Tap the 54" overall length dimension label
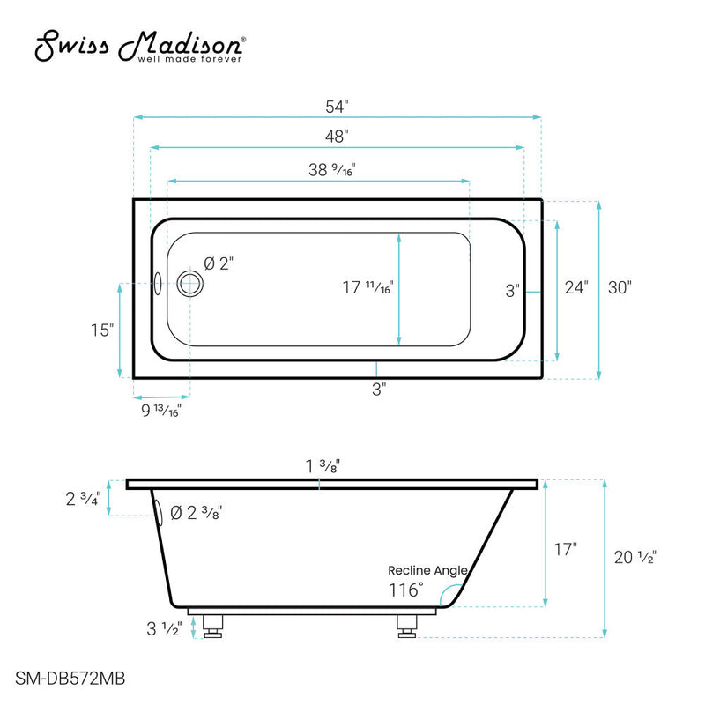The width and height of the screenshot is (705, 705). (x=337, y=106)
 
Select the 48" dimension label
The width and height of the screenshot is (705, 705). (x=337, y=137)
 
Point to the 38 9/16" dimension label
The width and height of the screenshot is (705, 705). (x=332, y=170)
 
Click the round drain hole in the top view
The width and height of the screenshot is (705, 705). (x=189, y=284)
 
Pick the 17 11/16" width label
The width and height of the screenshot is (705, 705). (x=367, y=287)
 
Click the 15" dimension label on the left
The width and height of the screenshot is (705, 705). (x=102, y=330)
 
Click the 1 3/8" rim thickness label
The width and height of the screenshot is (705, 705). (x=318, y=467)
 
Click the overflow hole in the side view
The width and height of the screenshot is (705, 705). (x=159, y=513)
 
